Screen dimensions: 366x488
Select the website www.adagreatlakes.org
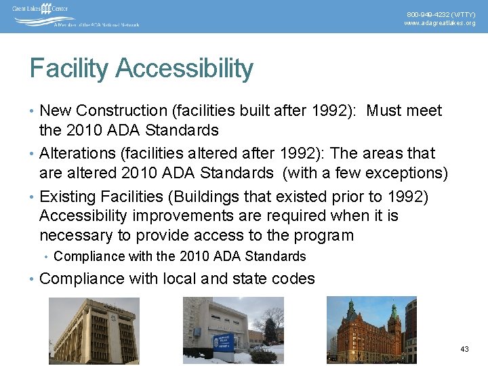(440, 23)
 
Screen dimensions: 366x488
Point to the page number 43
(464, 349)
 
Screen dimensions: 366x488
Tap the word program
(323, 235)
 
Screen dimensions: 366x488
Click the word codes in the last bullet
(295, 279)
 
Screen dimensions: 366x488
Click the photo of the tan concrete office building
(94, 331)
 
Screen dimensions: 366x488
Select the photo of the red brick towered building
(371, 330)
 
